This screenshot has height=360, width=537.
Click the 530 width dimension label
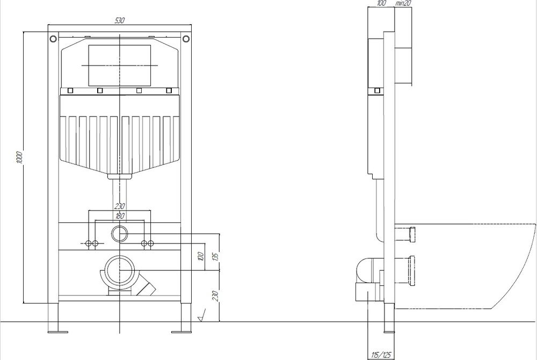click(119, 20)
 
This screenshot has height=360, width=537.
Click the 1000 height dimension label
click(19, 157)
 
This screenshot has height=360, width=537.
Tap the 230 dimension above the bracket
click(120, 206)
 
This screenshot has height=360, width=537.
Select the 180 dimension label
click(120, 216)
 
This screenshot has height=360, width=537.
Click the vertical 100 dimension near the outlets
click(201, 256)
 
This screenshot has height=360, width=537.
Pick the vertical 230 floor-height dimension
click(215, 296)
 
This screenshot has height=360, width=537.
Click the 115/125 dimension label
click(381, 355)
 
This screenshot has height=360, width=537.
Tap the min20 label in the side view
click(403, 3)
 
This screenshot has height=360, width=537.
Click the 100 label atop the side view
click(381, 3)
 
